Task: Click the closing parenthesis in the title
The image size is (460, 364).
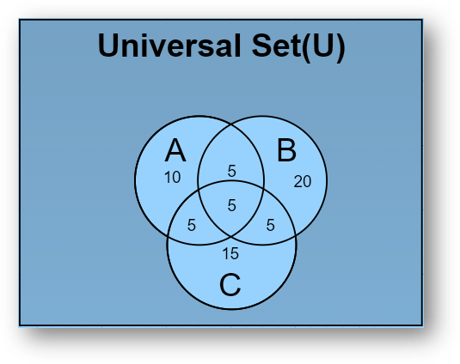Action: point(340,46)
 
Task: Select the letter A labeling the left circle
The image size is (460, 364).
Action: point(175,151)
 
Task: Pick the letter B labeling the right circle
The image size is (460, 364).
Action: point(286,151)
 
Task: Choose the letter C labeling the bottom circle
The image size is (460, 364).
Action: point(230,284)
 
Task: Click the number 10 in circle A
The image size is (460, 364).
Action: point(172,178)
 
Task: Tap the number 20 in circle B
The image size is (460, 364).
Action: point(302,181)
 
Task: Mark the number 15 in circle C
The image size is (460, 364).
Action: point(230,253)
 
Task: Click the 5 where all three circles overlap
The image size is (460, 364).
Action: point(231,204)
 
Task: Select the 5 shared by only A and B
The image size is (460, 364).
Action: point(231,171)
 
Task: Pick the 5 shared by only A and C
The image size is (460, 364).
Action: point(192,226)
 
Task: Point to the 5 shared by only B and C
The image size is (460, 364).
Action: point(270,226)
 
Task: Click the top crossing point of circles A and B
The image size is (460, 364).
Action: point(231,125)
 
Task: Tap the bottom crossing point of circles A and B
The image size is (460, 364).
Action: point(231,233)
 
